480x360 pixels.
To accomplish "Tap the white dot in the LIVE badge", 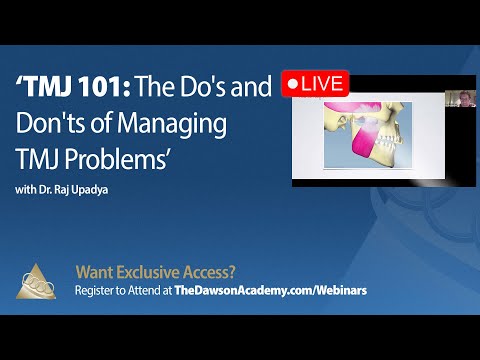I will pyautogui.click(x=293, y=85).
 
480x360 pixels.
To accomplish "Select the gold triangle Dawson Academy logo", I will pyautogui.click(x=37, y=279).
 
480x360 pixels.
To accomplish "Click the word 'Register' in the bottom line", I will pyautogui.click(x=97, y=288).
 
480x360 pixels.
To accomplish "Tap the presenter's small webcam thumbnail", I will pyautogui.click(x=463, y=97).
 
